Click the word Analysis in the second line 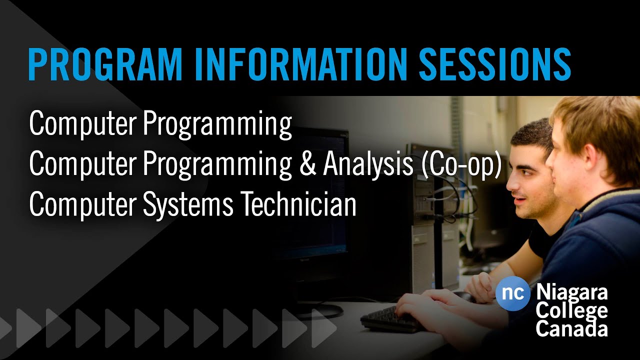pos(367,164)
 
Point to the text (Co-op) pos(461,164)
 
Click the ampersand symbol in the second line pos(307,164)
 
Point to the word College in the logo pos(571,311)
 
